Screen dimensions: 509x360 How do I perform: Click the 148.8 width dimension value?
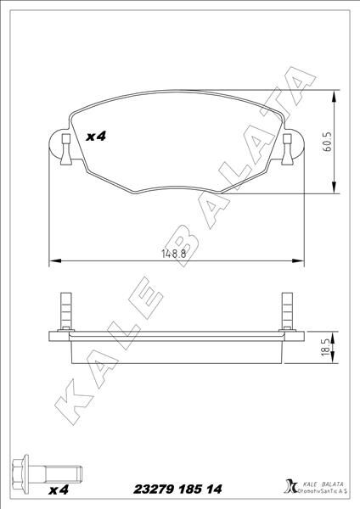(x=173, y=253)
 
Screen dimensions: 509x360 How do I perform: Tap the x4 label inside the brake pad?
(x=96, y=136)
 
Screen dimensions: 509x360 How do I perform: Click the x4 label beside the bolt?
(x=59, y=490)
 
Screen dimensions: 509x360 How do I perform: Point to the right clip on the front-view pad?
(x=287, y=146)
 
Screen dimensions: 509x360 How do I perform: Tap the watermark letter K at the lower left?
(x=73, y=398)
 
